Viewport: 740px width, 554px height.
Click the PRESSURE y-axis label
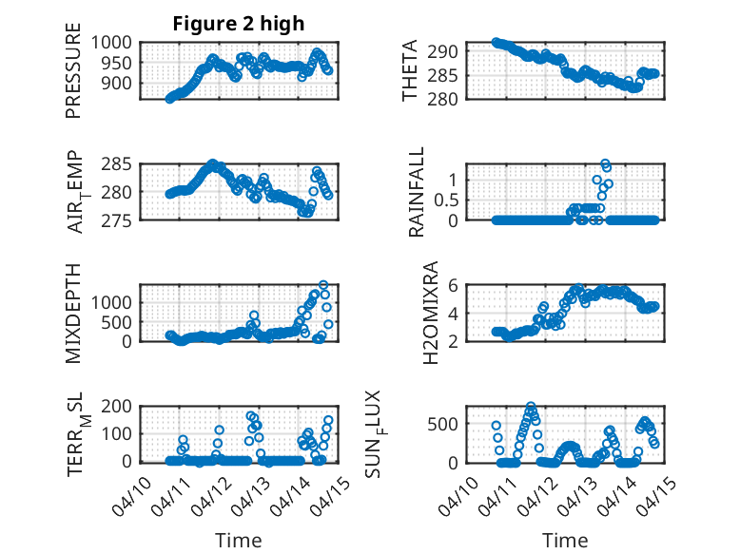[73, 77]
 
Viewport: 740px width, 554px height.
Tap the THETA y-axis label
[410, 71]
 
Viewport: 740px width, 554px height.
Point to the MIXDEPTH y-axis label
[73, 312]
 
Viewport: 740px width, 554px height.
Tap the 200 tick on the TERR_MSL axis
[119, 406]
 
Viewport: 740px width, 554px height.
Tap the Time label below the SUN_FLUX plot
[565, 540]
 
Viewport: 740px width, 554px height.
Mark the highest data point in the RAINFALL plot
[604, 163]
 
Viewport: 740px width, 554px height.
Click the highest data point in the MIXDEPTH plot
[323, 285]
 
